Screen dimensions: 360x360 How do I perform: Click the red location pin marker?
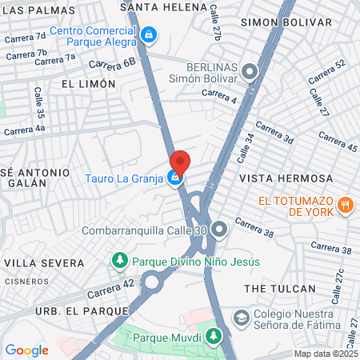tap(179, 162)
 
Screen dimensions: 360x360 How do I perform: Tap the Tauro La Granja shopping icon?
tap(174, 178)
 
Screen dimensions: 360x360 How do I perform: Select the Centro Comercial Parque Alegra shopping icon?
tap(149, 34)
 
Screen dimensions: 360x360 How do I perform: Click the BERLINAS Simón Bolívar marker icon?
tap(250, 73)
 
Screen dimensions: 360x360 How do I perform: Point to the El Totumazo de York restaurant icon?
tap(346, 205)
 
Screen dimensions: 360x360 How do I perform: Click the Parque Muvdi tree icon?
tap(214, 337)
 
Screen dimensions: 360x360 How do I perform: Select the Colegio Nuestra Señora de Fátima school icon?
tap(240, 318)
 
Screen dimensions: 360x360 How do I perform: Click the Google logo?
tap(26, 350)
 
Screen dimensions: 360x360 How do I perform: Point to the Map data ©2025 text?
tap(326, 354)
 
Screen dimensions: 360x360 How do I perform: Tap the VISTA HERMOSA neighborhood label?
tap(274, 178)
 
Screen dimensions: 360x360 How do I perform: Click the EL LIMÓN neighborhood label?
tap(82, 82)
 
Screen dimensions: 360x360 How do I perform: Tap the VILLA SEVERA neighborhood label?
tap(44, 262)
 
